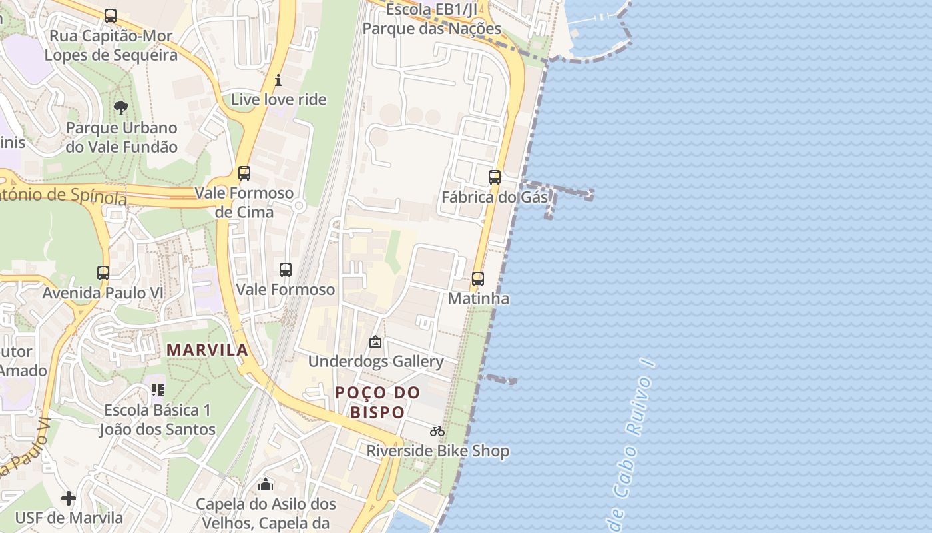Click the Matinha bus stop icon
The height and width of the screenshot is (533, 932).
click(478, 279)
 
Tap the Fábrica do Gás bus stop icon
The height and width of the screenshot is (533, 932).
click(494, 177)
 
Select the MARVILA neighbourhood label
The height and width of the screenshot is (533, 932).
click(207, 350)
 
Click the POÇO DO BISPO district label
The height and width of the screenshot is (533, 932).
click(377, 402)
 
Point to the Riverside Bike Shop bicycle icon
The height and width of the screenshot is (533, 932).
click(437, 432)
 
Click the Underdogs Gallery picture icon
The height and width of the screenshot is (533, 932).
click(375, 342)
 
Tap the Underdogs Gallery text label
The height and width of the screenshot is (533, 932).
click(375, 362)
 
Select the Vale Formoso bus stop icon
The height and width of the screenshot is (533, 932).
click(286, 270)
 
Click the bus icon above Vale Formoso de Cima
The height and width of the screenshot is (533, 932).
click(244, 173)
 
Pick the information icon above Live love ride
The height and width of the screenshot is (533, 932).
click(278, 81)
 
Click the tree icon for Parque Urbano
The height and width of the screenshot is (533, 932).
click(120, 107)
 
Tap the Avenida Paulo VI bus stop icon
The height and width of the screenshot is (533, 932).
click(103, 273)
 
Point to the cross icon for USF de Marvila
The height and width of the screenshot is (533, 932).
click(69, 498)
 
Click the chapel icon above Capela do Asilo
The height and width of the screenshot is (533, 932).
click(266, 484)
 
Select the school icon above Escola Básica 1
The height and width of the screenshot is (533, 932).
click(158, 390)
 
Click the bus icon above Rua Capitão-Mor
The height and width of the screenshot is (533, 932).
click(111, 16)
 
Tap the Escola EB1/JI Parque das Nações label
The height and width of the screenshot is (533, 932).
click(431, 19)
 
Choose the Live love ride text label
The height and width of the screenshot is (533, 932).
click(278, 100)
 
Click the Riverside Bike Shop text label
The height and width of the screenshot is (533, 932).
click(437, 451)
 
